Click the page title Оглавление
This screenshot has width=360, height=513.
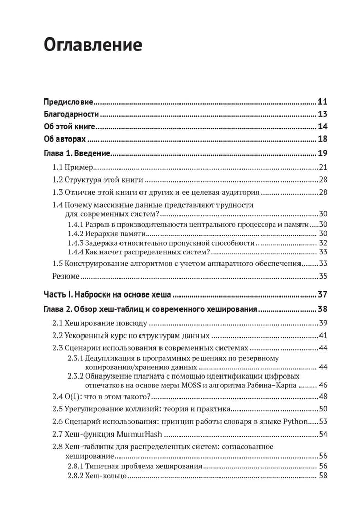point(92,45)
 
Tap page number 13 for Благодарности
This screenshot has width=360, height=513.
point(323,114)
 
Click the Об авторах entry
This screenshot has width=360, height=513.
point(67,140)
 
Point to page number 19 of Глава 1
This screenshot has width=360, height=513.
point(323,153)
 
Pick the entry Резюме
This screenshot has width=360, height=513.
point(66,276)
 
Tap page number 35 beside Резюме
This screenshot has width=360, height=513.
point(323,276)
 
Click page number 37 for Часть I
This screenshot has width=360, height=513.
point(323,294)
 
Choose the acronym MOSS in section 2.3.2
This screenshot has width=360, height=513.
point(214,385)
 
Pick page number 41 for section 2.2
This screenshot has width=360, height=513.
point(323,336)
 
